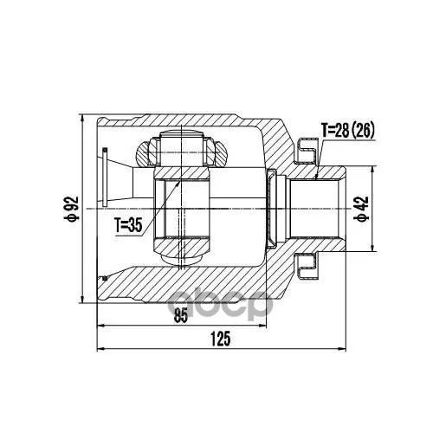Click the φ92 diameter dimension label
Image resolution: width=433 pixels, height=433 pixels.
point(71,209)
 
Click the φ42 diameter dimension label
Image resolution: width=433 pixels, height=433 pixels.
point(361,209)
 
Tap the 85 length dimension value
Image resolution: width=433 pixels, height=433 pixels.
point(181,315)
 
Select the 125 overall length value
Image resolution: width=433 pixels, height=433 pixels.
point(221,339)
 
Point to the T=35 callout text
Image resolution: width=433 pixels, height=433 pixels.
point(128,225)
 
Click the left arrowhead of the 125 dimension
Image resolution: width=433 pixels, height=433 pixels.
point(100,350)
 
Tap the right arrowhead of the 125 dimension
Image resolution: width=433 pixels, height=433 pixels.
point(342,350)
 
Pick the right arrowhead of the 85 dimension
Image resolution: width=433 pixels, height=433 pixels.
point(262,326)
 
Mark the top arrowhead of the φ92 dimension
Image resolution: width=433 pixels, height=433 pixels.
point(82,118)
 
